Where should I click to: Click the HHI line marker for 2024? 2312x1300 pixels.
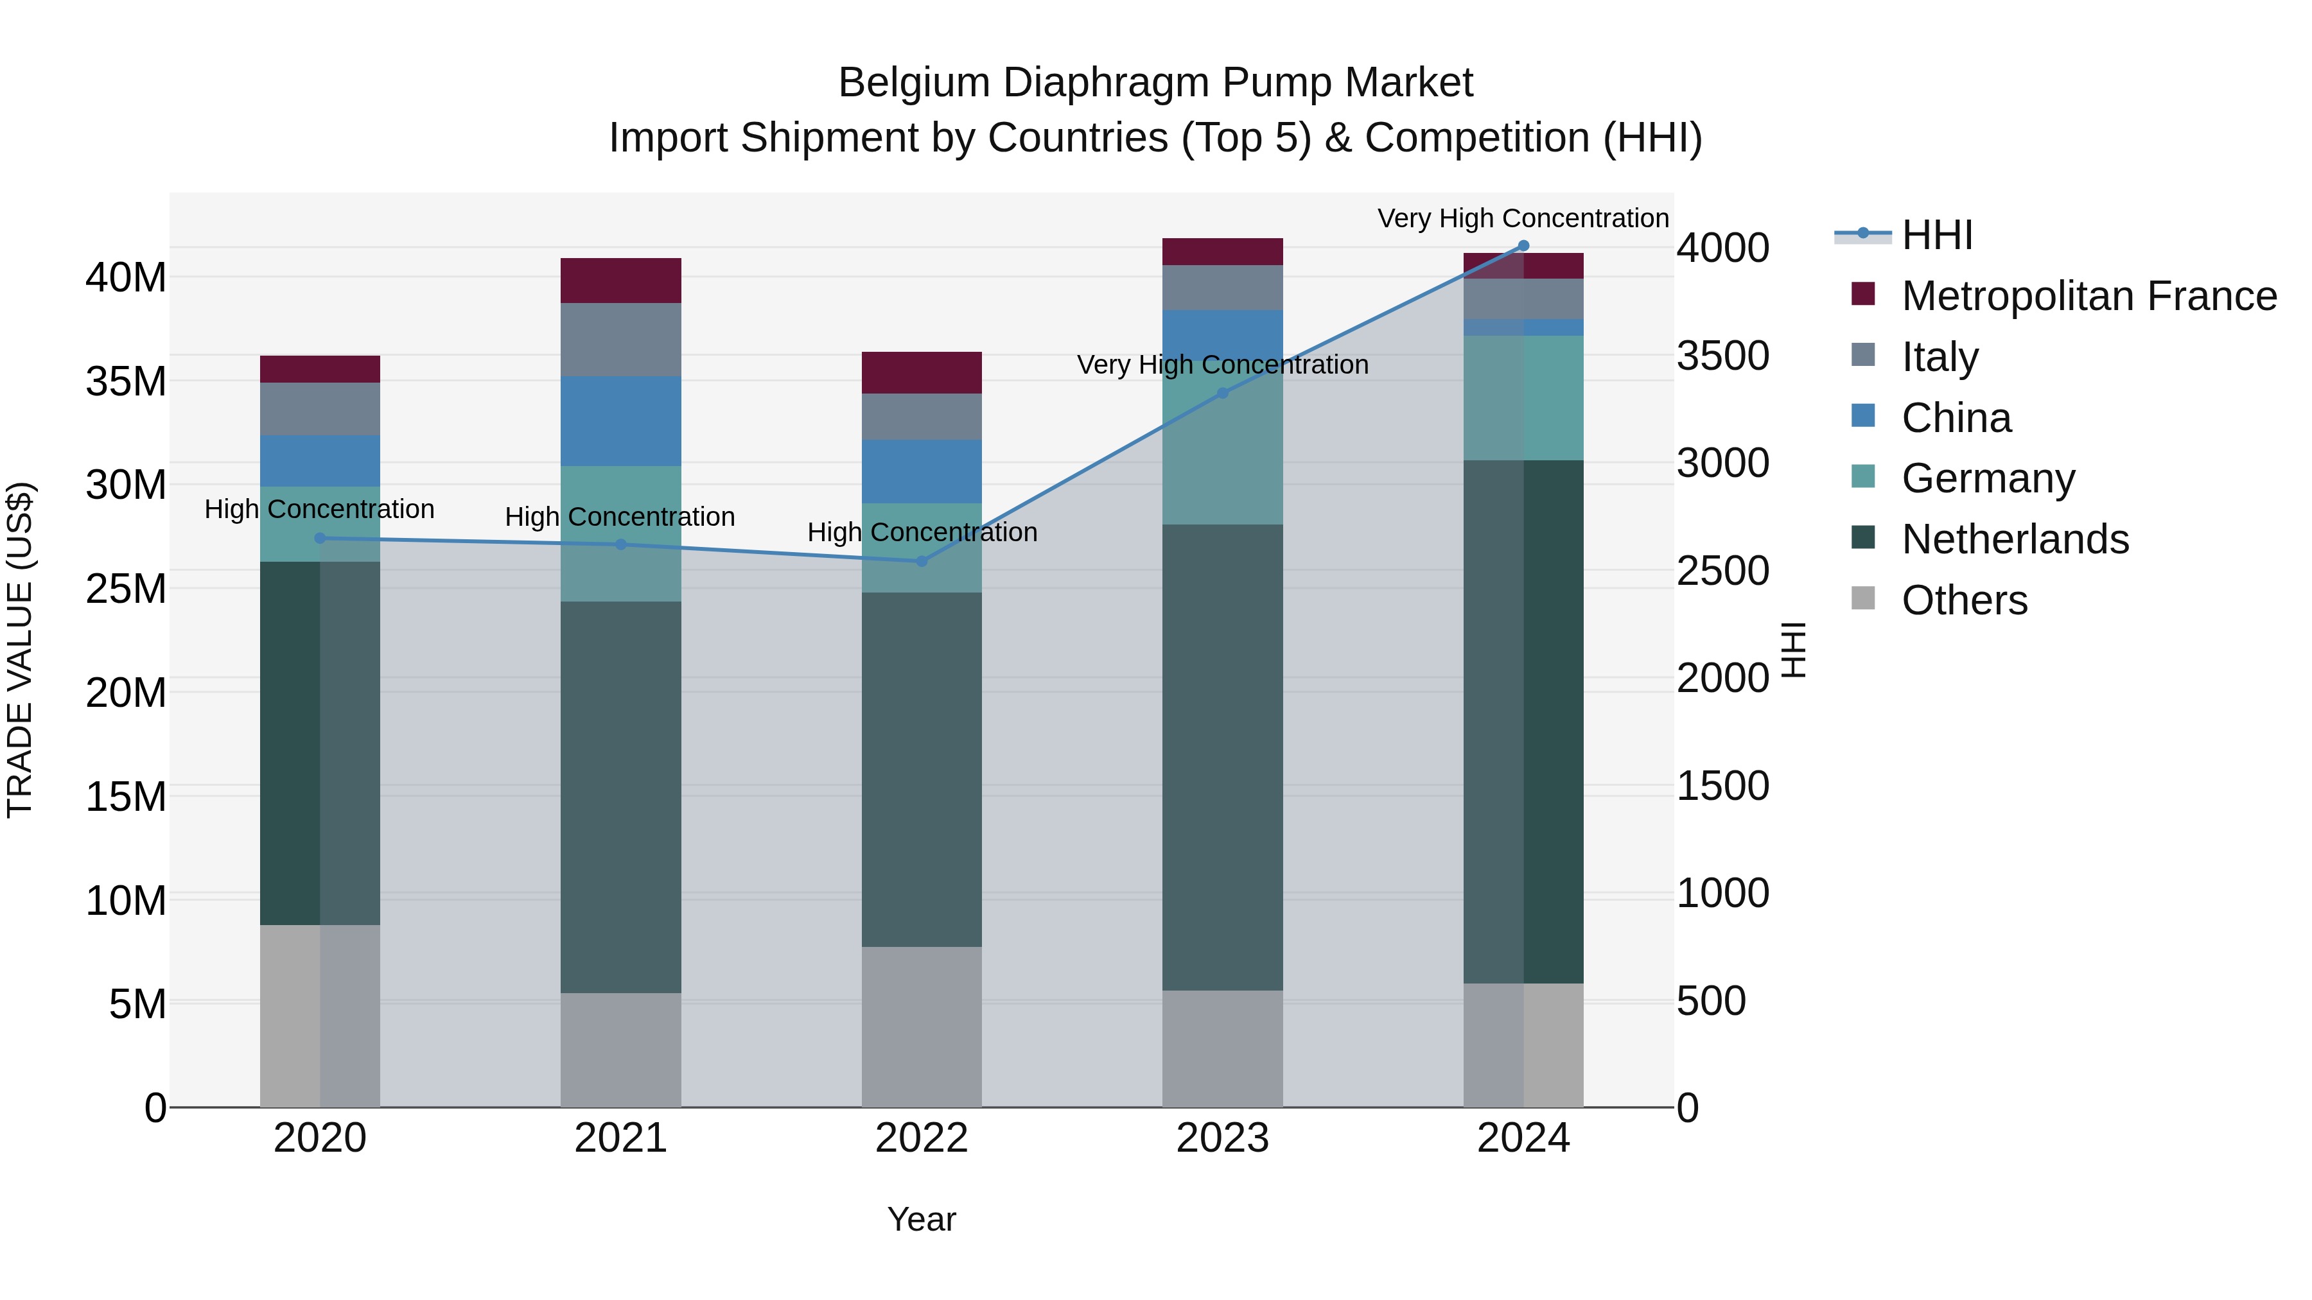pyautogui.click(x=1523, y=246)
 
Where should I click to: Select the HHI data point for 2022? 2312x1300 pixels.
pyautogui.click(x=922, y=562)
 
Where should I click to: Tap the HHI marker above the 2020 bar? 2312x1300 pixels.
pyautogui.click(x=320, y=539)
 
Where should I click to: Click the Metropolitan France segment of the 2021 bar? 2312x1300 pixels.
pyautogui.click(x=621, y=281)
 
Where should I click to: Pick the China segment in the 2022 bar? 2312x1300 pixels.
pyautogui.click(x=922, y=472)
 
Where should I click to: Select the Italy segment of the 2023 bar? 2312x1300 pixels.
pyautogui.click(x=1222, y=288)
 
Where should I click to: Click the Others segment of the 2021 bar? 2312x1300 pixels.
pyautogui.click(x=621, y=1050)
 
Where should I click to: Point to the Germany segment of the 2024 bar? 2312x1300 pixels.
pyautogui.click(x=1523, y=398)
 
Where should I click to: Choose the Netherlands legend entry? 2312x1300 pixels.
pyautogui.click(x=2015, y=539)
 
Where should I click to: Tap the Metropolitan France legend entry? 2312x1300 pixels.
pyautogui.click(x=2089, y=296)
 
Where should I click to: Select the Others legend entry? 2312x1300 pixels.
pyautogui.click(x=1964, y=600)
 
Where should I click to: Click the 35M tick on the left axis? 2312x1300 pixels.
pyautogui.click(x=126, y=382)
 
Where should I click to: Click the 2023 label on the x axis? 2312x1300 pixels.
pyautogui.click(x=1222, y=1138)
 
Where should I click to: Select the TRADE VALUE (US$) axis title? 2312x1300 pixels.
pyautogui.click(x=20, y=650)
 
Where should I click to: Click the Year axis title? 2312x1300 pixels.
pyautogui.click(x=922, y=1219)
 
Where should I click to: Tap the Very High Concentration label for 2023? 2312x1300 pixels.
pyautogui.click(x=1222, y=365)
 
